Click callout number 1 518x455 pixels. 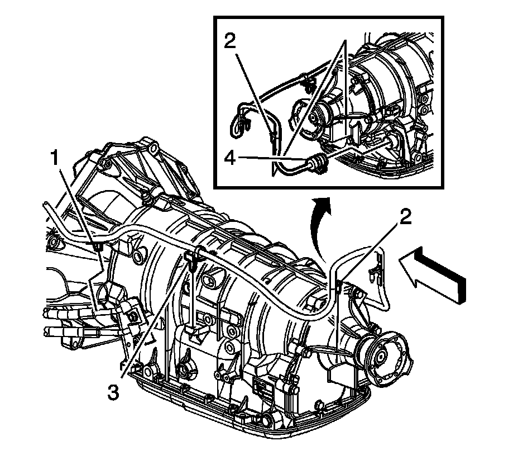click(55, 158)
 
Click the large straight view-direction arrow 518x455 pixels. click(433, 274)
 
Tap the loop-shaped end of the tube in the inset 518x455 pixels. click(239, 121)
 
